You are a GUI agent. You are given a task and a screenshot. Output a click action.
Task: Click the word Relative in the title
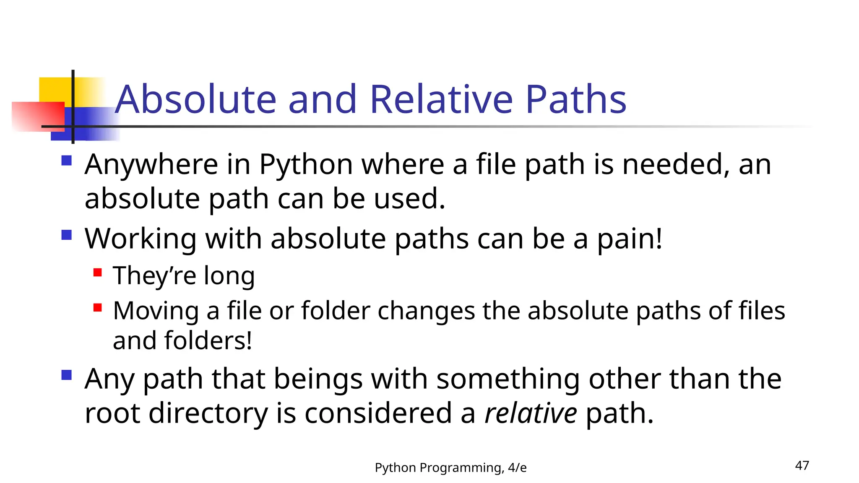[x=441, y=99]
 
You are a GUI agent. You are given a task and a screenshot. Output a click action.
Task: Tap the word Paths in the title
[x=576, y=99]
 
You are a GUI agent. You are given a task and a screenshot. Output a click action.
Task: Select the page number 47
[x=802, y=465]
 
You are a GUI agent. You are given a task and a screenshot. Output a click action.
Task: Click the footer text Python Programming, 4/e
[x=450, y=467]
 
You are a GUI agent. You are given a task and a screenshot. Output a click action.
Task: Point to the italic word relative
[x=531, y=413]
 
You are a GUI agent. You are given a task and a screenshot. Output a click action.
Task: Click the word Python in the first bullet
[x=306, y=164]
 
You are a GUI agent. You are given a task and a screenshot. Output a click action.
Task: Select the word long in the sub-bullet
[x=229, y=276]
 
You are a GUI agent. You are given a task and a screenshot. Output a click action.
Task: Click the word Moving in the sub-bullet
[x=156, y=311]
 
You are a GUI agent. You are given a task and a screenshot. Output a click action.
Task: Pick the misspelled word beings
[x=318, y=379]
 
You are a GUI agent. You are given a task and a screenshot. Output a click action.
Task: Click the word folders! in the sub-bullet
[x=208, y=340]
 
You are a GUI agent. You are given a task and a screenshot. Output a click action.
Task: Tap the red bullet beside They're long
[x=98, y=273]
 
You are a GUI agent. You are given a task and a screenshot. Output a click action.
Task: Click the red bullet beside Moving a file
[x=98, y=308]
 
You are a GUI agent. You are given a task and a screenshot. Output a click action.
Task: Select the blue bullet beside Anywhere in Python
[x=66, y=161]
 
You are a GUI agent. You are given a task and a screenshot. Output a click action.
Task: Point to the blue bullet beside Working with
[x=66, y=235]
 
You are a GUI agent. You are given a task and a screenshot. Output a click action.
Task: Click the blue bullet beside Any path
[x=66, y=375]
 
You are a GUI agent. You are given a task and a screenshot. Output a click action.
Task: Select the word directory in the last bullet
[x=208, y=413]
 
